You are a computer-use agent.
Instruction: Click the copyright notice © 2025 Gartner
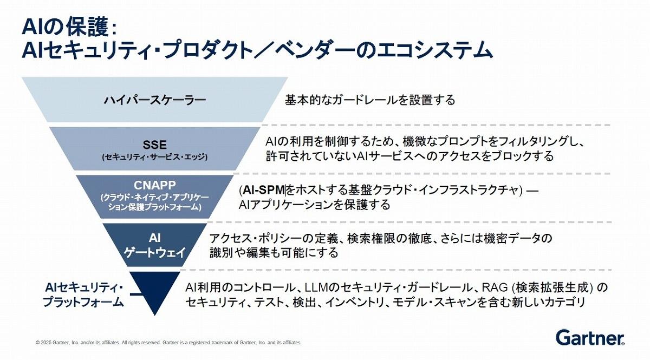point(168,343)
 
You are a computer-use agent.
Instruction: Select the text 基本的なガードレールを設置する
point(370,100)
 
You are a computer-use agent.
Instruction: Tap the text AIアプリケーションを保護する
point(314,205)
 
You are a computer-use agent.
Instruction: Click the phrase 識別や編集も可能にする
point(274,253)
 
